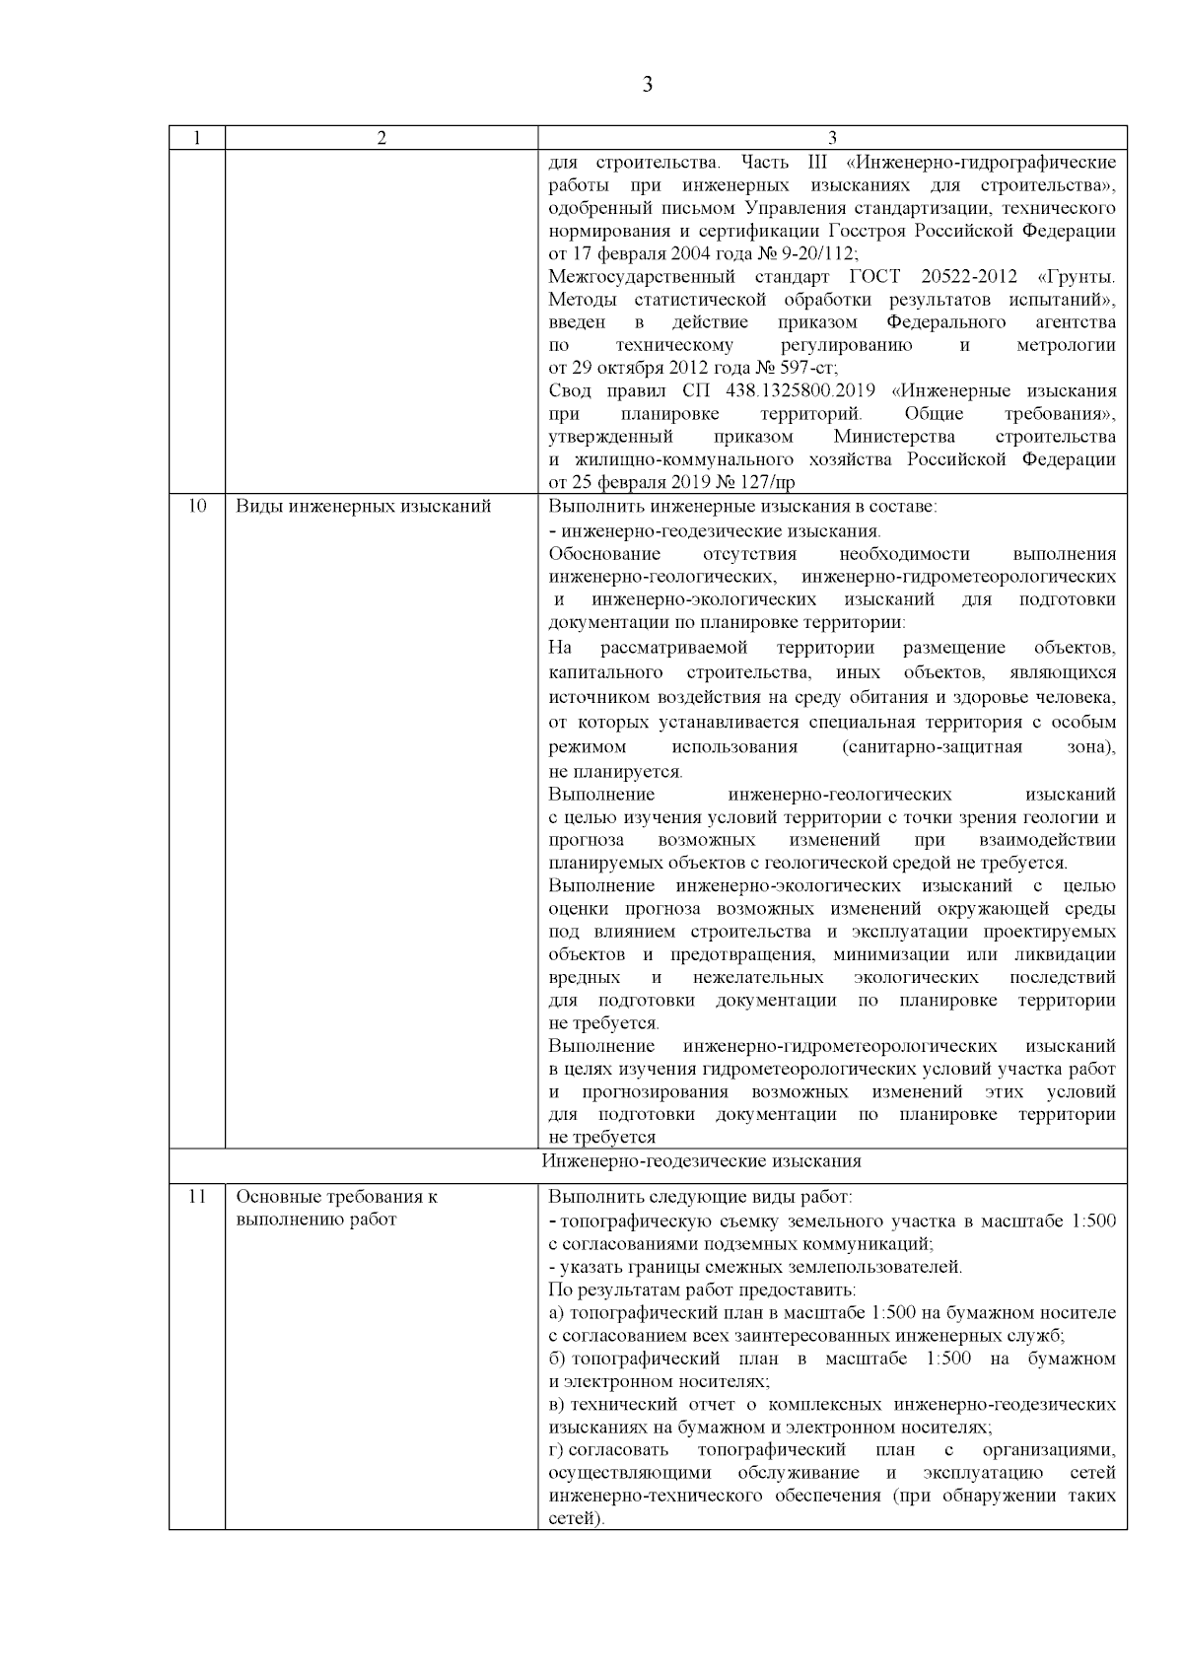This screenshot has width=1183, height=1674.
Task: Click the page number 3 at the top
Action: pyautogui.click(x=647, y=85)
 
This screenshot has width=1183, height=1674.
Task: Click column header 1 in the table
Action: pyautogui.click(x=196, y=138)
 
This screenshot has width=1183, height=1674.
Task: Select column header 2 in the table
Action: pyautogui.click(x=382, y=138)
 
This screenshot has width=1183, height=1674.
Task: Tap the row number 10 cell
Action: pyautogui.click(x=196, y=507)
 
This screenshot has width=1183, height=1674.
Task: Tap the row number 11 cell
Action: pyautogui.click(x=196, y=1197)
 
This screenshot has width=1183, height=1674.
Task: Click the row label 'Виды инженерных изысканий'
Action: pyautogui.click(x=363, y=507)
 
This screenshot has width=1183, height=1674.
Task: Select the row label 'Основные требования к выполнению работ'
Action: pyautogui.click(x=337, y=1208)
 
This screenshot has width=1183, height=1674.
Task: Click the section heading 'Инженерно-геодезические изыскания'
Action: pyautogui.click(x=701, y=1160)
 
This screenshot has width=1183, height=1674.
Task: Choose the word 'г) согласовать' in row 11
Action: pyautogui.click(x=608, y=1449)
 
